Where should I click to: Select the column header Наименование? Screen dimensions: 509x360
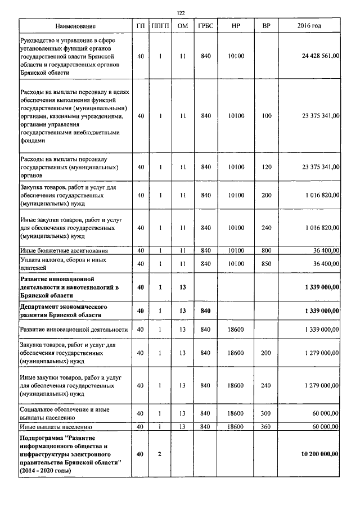pyautogui.click(x=75, y=26)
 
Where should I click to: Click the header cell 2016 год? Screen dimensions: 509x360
pyautogui.click(x=309, y=26)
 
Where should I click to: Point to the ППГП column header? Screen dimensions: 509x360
pyautogui.click(x=160, y=26)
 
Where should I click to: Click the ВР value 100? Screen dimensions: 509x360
pyautogui.click(x=267, y=116)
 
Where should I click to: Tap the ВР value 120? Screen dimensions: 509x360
pyautogui.click(x=267, y=167)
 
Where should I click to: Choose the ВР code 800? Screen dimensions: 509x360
pyautogui.click(x=267, y=250)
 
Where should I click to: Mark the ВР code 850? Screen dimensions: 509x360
pyautogui.click(x=267, y=263)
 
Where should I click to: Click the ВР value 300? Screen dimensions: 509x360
pyautogui.click(x=267, y=413)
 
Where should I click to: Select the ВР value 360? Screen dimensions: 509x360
pyautogui.click(x=267, y=427)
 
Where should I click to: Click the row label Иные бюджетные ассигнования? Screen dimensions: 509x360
pyautogui.click(x=64, y=250)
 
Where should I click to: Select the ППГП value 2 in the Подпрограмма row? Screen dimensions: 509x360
pyautogui.click(x=160, y=453)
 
